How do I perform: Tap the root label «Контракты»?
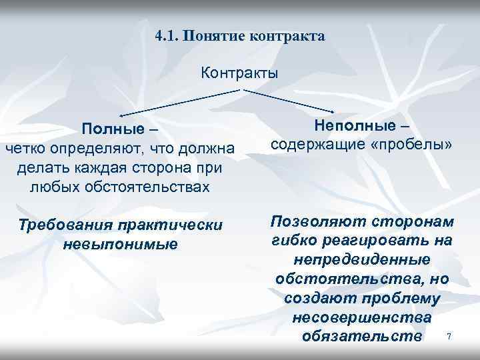pos(239,72)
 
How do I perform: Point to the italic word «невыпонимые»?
pos(121,243)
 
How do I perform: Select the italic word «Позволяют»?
pos(313,221)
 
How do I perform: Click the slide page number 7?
pos(449,337)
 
